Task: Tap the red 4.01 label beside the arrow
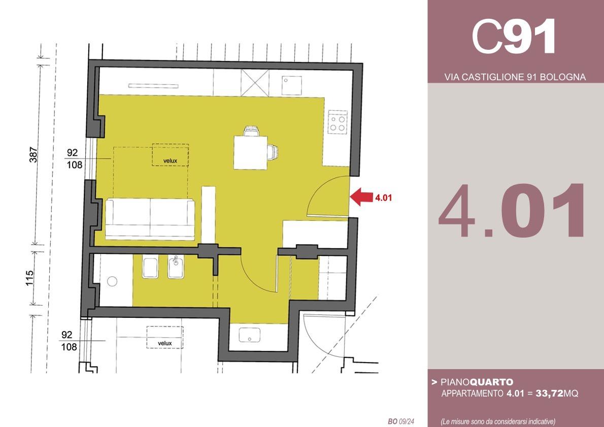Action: click(x=383, y=198)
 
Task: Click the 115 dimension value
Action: click(x=29, y=278)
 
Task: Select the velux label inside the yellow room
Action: click(x=170, y=161)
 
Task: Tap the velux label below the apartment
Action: click(x=165, y=343)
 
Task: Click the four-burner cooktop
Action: click(x=338, y=122)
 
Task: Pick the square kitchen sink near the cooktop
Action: click(x=292, y=86)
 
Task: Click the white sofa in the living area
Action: click(x=150, y=218)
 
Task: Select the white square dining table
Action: click(x=251, y=153)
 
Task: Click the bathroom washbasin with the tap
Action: click(x=177, y=267)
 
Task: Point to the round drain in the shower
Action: click(x=112, y=281)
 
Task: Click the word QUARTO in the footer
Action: click(x=492, y=382)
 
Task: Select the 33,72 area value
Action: click(x=549, y=393)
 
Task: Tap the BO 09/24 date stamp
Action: click(x=401, y=421)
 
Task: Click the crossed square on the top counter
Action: click(x=255, y=82)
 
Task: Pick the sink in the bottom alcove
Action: click(x=250, y=335)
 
